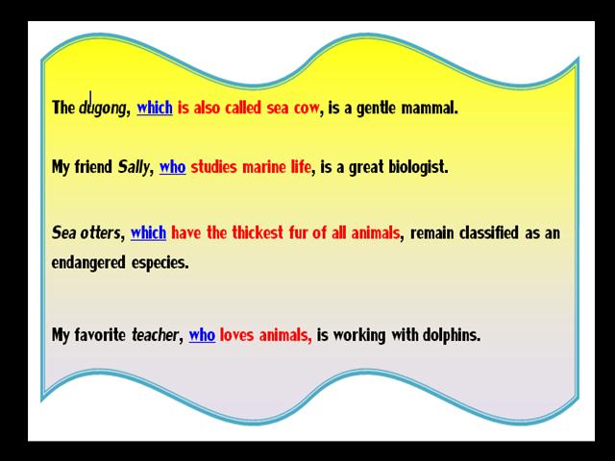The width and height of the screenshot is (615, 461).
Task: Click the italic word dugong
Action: [x=103, y=109]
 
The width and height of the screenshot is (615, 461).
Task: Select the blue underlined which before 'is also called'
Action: [x=155, y=108]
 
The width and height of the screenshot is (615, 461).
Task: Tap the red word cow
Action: [x=307, y=109]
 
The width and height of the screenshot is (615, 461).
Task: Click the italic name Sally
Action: [x=134, y=167]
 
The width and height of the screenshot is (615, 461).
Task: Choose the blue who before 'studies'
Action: [x=173, y=167]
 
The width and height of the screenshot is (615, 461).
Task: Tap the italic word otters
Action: [x=100, y=232]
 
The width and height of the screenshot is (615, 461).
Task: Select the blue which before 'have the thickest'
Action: [x=148, y=232]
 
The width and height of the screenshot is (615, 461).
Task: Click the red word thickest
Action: [x=258, y=232]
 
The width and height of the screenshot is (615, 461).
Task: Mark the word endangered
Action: [x=88, y=263]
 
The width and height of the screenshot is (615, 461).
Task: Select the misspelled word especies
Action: [x=160, y=263]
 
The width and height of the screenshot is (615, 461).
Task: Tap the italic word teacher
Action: [x=155, y=335]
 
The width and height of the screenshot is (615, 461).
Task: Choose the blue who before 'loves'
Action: [x=202, y=335]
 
